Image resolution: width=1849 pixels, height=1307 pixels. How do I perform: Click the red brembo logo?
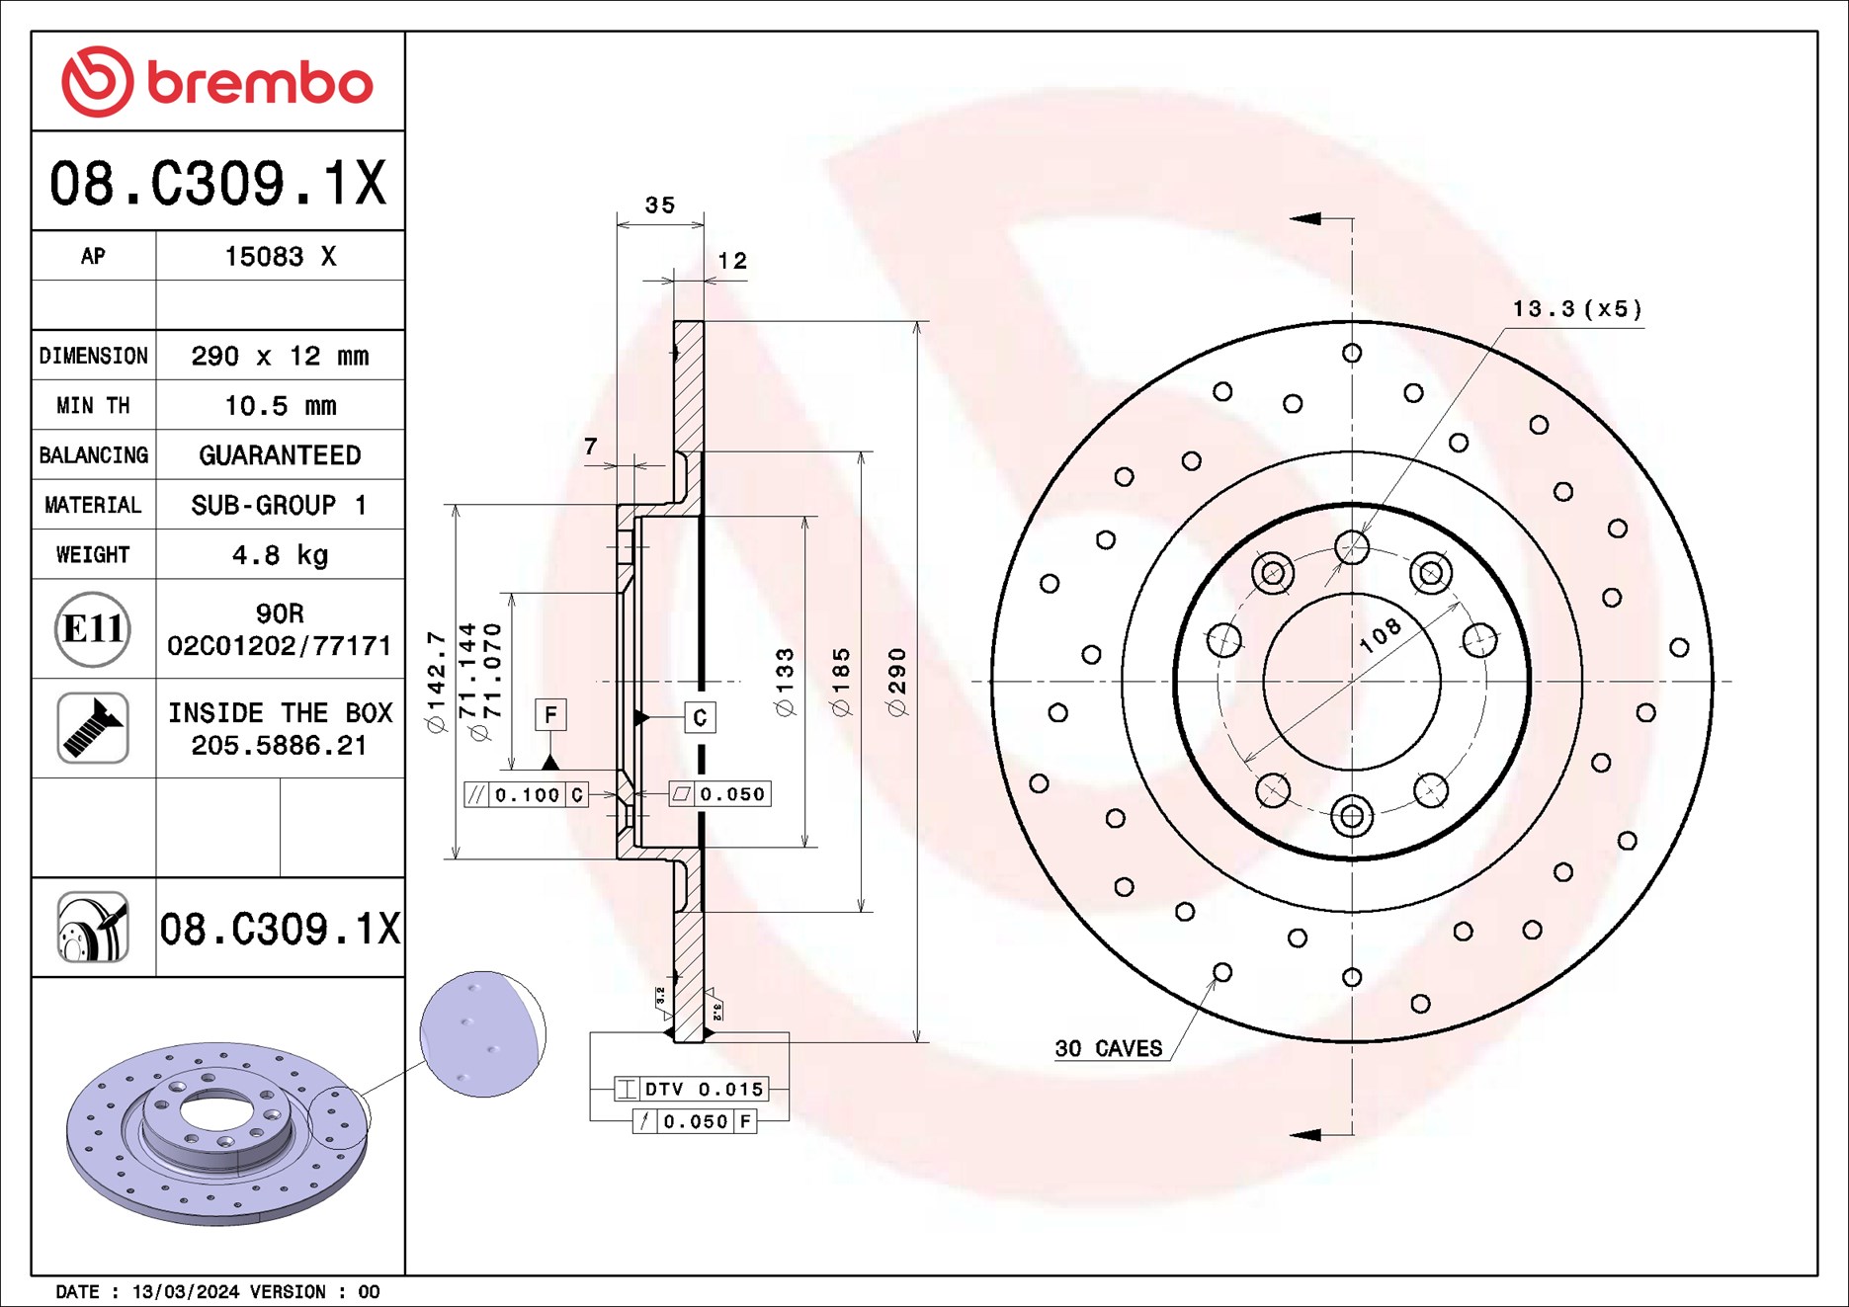216,82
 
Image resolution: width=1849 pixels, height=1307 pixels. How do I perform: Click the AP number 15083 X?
280,257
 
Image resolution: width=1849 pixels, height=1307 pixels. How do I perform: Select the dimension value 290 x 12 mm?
280,356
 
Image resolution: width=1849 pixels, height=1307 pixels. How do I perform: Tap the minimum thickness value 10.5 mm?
280,406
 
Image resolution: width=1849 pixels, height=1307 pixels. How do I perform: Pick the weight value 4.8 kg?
280,555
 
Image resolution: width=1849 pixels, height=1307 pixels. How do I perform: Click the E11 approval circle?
93,629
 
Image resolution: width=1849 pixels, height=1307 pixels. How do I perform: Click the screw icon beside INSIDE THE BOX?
93,728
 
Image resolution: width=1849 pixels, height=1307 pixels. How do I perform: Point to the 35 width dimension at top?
659,205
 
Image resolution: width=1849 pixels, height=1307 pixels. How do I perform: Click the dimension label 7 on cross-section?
590,447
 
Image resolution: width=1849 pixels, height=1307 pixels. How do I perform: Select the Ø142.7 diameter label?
436,682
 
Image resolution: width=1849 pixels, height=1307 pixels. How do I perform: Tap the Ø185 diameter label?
841,682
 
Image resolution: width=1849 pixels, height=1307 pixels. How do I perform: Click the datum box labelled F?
550,714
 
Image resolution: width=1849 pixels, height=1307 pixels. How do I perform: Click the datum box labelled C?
700,718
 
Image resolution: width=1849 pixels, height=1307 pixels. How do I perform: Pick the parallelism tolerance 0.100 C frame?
527,794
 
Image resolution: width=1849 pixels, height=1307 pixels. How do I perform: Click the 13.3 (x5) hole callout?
1576,309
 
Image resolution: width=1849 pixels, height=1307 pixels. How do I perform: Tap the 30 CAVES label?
1108,1049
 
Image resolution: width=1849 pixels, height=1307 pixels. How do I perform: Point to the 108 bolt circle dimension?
1380,635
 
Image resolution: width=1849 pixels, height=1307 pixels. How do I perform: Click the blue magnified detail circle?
482,1033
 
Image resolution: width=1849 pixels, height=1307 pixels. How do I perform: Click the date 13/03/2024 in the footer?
186,1292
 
